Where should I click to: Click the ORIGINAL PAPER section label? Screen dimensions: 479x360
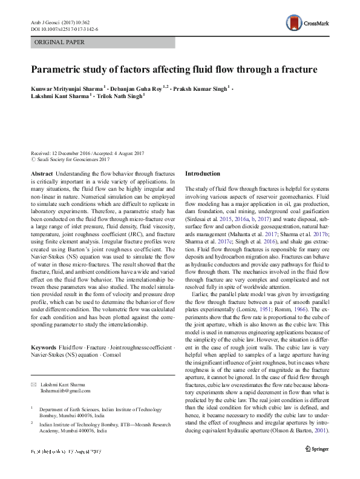pos(59,42)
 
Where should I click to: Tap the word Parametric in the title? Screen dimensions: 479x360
pos(58,70)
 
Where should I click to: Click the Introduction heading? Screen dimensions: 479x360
pos(203,174)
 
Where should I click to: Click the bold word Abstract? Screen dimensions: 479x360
pos(41,174)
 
